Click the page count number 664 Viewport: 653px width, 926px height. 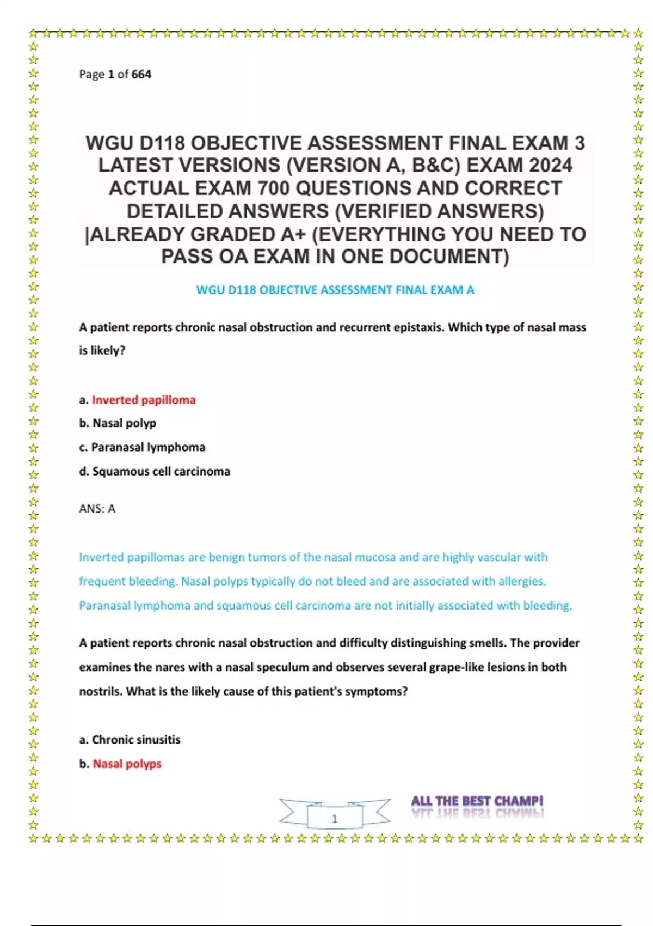coord(141,74)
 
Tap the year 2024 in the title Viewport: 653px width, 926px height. coord(546,166)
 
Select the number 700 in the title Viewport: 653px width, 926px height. coord(274,188)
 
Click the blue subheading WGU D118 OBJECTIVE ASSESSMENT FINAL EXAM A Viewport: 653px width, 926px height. coord(335,290)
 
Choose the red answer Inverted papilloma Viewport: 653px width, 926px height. coord(144,400)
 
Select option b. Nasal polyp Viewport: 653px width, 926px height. coord(118,423)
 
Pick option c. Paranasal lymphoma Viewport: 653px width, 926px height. coord(142,447)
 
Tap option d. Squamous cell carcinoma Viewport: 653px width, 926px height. coord(155,471)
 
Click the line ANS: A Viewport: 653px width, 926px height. coord(97,509)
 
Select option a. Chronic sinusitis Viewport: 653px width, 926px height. coord(130,740)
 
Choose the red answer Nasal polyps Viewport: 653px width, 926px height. coord(127,764)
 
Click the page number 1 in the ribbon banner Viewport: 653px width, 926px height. coord(335,818)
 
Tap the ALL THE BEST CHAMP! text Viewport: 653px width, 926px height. coord(477,801)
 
